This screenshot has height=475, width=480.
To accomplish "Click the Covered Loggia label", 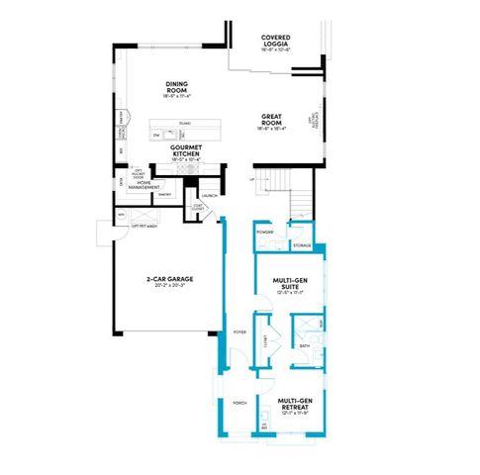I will pyautogui.click(x=276, y=41).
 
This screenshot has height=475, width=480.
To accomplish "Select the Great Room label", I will pyautogui.click(x=272, y=120).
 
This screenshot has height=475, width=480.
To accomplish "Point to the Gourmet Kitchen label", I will pyautogui.click(x=186, y=150).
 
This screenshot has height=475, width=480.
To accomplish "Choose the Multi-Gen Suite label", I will pyautogui.click(x=287, y=285).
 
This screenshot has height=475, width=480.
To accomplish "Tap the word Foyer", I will pyautogui.click(x=239, y=332).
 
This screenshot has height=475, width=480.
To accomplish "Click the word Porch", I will pyautogui.click(x=239, y=404).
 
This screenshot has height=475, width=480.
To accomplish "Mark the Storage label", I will pyautogui.click(x=302, y=244).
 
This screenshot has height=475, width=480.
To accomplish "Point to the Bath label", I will pyautogui.click(x=305, y=345).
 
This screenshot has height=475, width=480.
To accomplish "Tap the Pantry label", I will pyautogui.click(x=164, y=194).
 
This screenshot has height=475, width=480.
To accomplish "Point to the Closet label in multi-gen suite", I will pyautogui.click(x=265, y=340).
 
